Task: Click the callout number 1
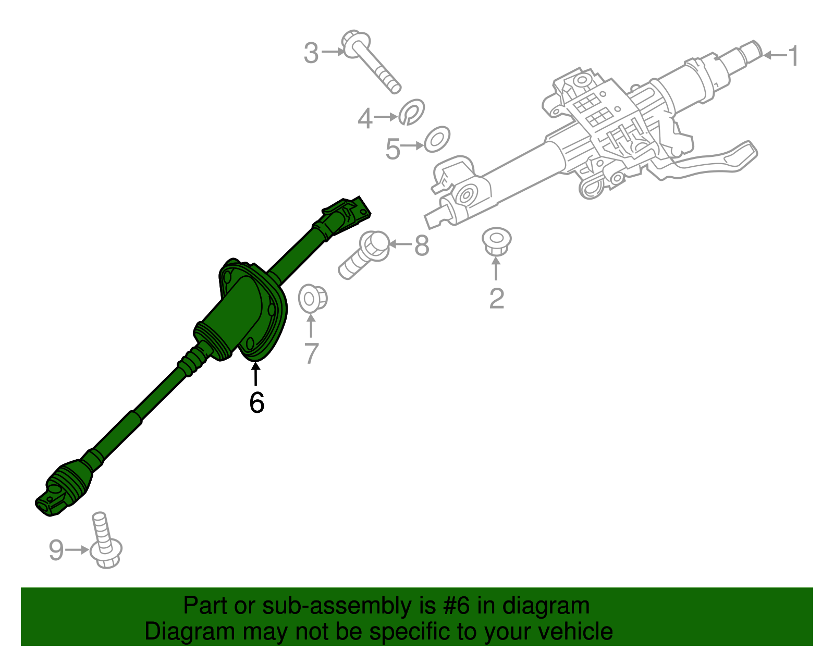(x=793, y=56)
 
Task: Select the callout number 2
(x=496, y=298)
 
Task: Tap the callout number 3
(x=311, y=53)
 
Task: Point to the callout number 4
(x=365, y=118)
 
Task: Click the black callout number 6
(x=256, y=402)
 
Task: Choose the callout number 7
(x=311, y=353)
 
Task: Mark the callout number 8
(x=422, y=245)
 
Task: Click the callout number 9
(x=56, y=550)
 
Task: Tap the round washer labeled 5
(x=437, y=139)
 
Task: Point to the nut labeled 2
(x=496, y=241)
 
